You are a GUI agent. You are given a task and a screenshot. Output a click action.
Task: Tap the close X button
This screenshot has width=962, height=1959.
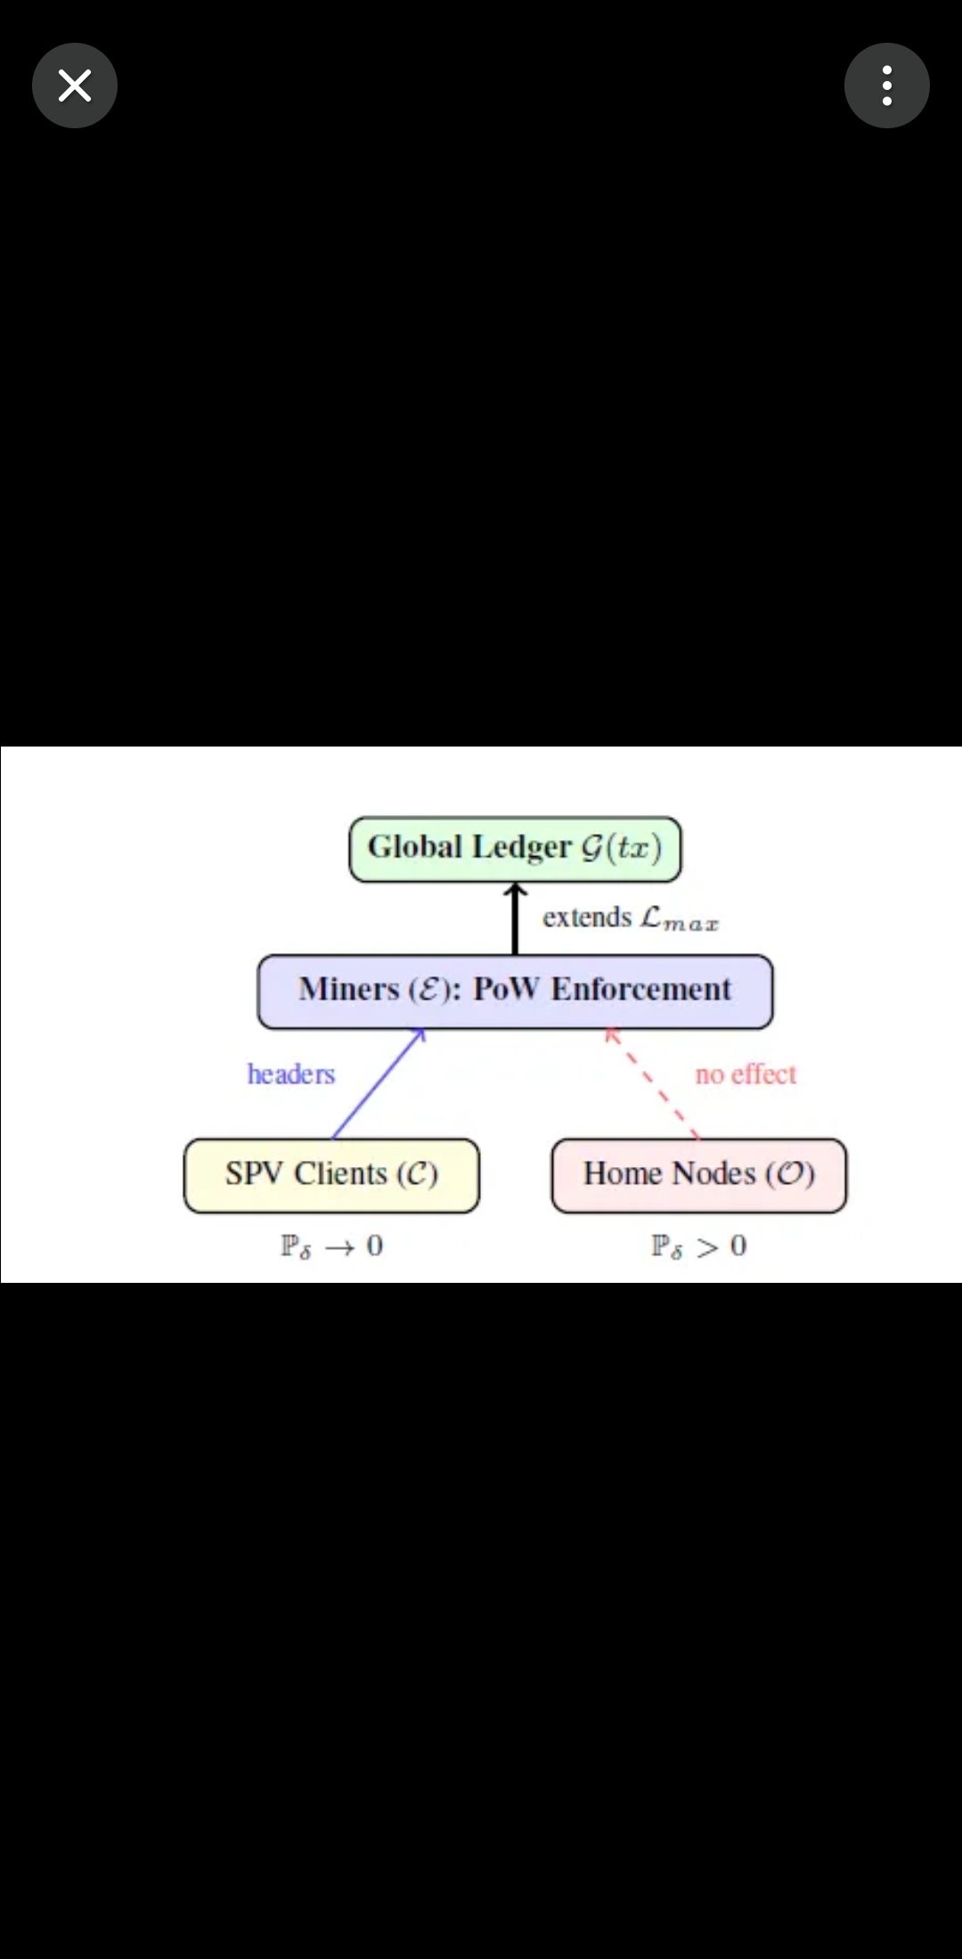point(75,86)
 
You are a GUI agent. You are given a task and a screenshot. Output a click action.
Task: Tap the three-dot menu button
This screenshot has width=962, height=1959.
point(887,86)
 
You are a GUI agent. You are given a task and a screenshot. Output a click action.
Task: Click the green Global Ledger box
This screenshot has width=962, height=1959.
point(515,849)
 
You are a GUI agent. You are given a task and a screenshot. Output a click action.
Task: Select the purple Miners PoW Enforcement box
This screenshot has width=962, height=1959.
point(515,992)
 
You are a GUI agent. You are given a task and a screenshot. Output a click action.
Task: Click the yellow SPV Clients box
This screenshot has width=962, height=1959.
point(331,1175)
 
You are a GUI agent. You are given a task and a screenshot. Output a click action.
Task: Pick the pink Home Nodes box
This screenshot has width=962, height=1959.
point(699,1175)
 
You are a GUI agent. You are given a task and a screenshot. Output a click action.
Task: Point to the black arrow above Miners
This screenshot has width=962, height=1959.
point(515,918)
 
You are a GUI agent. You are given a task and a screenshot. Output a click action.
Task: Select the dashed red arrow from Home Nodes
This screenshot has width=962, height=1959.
point(652,1083)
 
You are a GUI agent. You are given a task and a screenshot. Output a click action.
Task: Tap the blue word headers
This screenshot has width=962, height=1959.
point(291,1074)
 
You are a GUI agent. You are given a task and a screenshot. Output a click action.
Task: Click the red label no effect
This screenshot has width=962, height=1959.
point(746,1074)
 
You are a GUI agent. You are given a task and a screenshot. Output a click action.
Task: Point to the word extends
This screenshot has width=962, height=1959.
point(587,917)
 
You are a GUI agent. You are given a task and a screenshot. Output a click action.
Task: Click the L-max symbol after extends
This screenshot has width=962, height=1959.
point(680,918)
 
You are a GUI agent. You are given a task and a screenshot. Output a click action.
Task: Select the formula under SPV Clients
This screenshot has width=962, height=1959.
point(331,1245)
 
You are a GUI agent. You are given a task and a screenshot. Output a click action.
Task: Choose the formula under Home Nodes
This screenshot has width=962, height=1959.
point(699,1245)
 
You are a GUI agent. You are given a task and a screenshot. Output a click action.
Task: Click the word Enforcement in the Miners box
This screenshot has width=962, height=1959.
point(641,989)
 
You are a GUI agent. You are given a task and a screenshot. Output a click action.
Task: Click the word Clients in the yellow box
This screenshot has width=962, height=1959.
point(341,1173)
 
